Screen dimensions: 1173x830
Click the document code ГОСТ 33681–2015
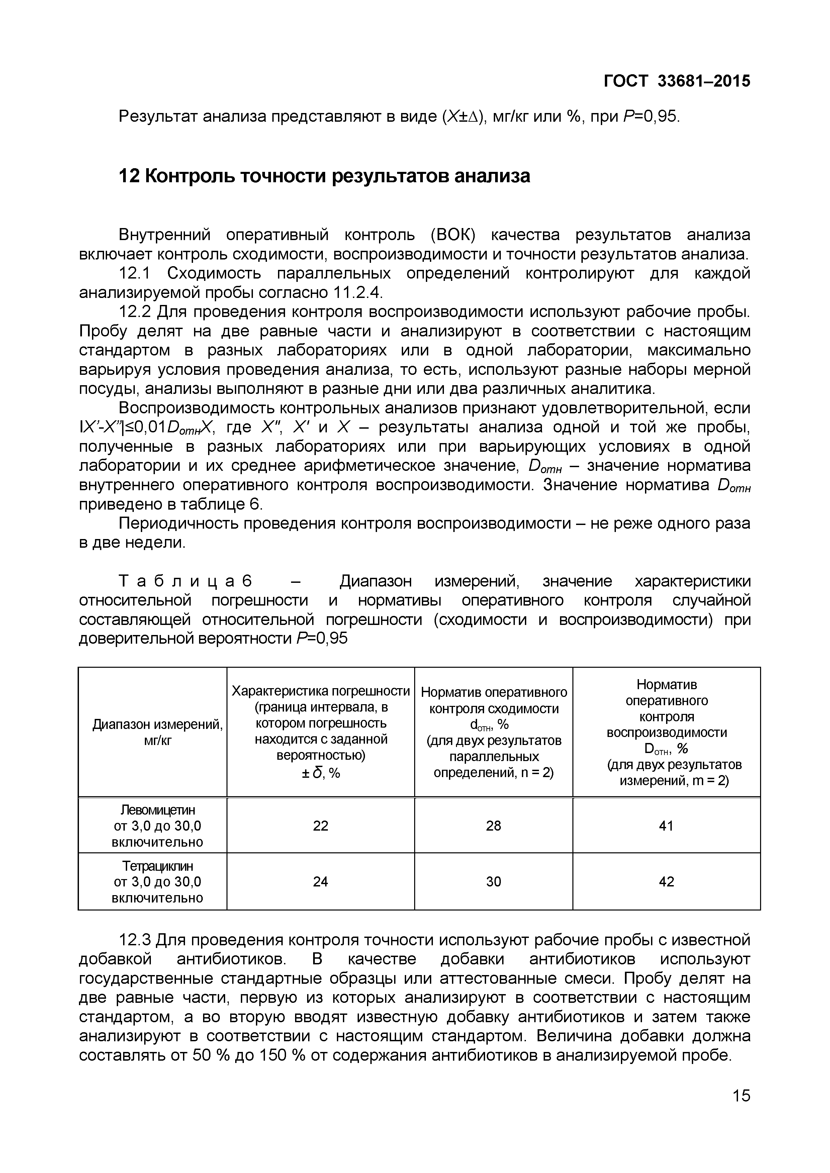click(677, 81)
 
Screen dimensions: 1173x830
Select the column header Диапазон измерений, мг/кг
click(158, 732)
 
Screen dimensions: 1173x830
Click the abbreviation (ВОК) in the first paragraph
click(452, 235)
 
